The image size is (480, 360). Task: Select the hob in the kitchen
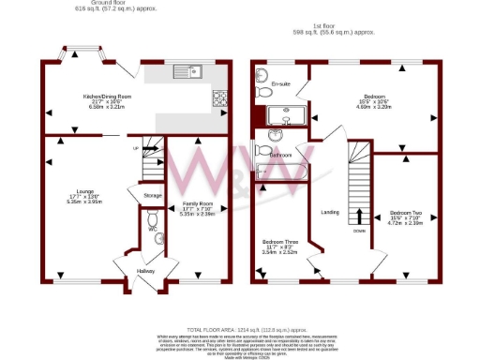219,97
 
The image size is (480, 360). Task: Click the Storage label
153,195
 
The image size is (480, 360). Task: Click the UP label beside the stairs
135,149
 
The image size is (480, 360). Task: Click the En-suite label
278,85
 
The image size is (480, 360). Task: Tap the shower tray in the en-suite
287,116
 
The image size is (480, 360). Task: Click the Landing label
329,212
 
